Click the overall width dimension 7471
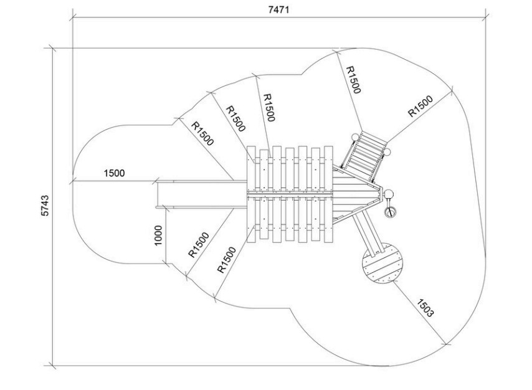(278, 9)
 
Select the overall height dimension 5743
(45, 206)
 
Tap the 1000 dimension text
(158, 235)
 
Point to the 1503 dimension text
(425, 308)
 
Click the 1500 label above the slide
(114, 173)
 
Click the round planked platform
(382, 263)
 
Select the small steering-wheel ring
(390, 212)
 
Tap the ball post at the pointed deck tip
(388, 195)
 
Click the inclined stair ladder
(364, 156)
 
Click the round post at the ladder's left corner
(354, 138)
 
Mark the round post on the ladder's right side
(387, 151)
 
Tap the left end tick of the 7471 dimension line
(74, 17)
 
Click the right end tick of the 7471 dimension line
(486, 17)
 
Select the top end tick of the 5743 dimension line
(52, 48)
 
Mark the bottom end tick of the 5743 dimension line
(52, 366)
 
